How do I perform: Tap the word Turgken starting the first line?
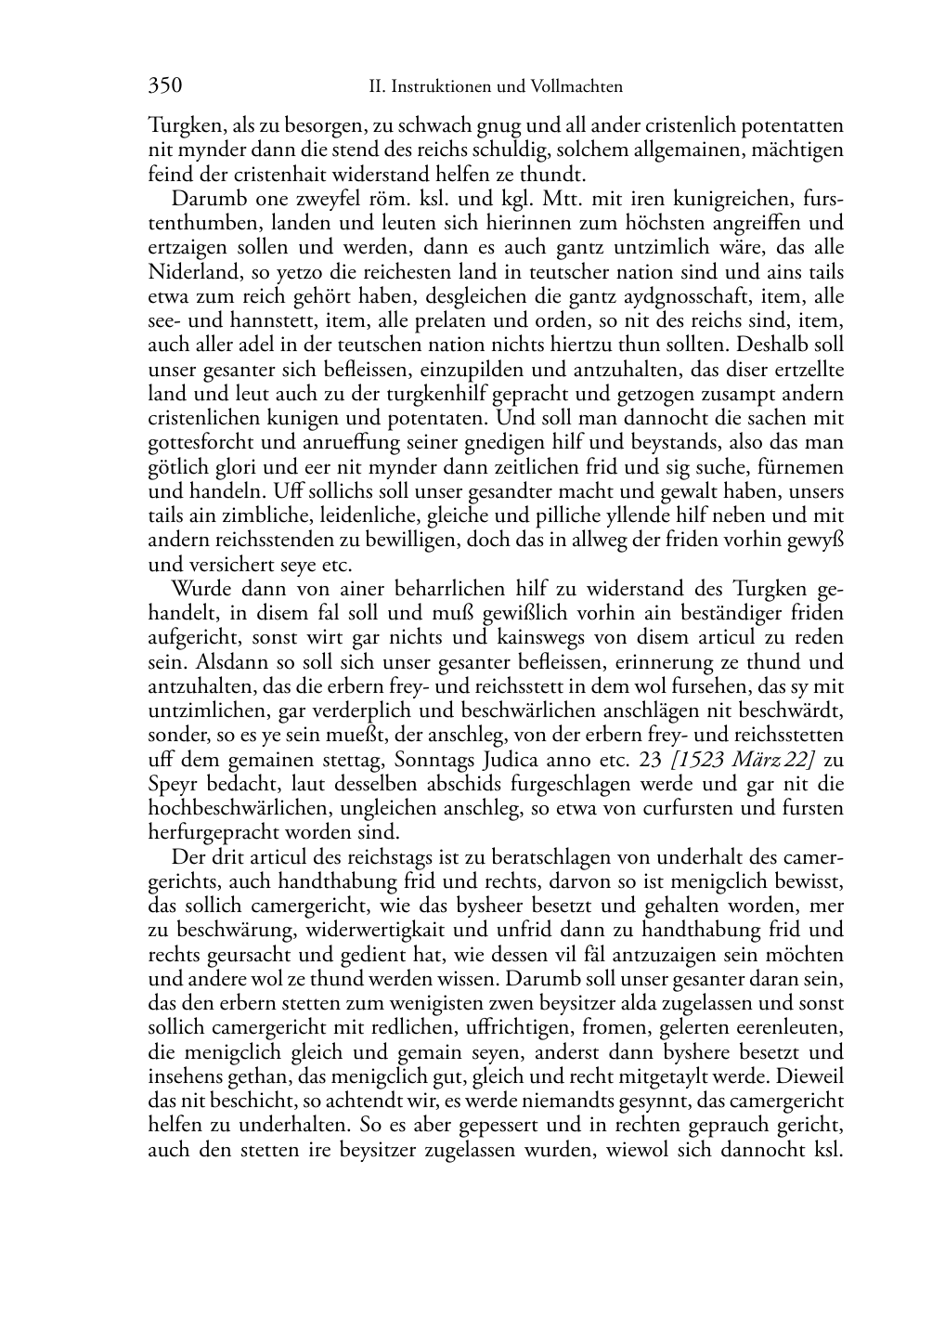(179, 125)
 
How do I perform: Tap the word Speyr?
(171, 783)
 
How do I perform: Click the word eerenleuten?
(785, 1028)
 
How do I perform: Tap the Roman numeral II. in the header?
(377, 87)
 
